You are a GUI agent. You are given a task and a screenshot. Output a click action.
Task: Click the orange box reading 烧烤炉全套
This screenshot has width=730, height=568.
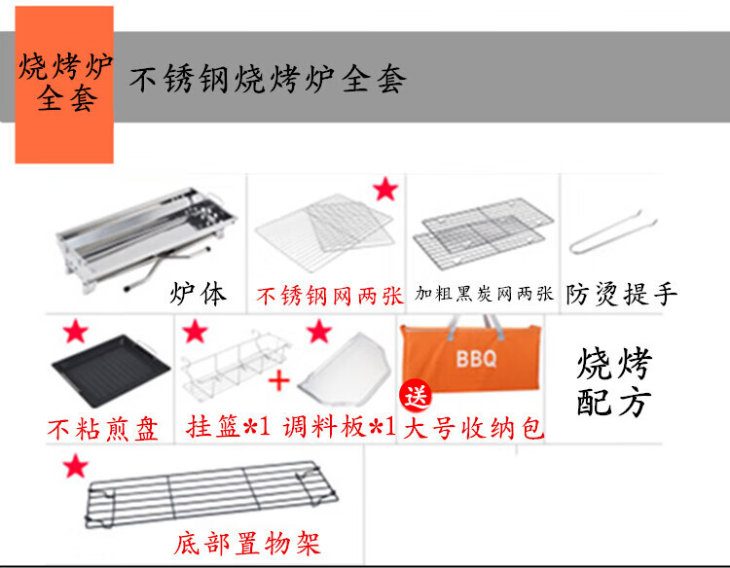64,85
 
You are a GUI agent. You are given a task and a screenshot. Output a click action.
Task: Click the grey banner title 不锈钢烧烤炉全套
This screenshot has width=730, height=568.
269,80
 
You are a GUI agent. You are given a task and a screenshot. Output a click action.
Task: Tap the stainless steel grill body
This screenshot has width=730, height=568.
145,237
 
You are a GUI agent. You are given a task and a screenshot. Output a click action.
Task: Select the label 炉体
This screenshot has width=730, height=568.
199,294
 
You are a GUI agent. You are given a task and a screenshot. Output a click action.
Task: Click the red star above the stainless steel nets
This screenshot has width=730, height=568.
385,190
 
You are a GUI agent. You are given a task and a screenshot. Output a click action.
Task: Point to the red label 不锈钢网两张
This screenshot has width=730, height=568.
330,297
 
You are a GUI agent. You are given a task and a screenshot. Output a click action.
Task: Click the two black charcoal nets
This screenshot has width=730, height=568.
483,234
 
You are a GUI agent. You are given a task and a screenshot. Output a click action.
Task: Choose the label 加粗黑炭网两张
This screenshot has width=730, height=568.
484,294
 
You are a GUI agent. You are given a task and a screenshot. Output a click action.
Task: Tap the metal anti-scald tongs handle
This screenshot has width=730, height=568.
613,232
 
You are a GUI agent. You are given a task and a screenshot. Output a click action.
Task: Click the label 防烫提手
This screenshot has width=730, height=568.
622,295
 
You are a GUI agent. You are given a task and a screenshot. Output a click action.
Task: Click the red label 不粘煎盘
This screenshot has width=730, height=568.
103,429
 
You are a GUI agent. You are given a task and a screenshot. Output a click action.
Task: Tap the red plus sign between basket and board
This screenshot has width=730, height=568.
279,381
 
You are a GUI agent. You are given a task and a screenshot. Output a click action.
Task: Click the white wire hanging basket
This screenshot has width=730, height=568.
236,364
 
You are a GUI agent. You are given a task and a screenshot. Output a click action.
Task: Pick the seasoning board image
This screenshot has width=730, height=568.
345,369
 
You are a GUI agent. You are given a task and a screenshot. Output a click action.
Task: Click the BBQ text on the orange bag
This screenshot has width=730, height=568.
476,359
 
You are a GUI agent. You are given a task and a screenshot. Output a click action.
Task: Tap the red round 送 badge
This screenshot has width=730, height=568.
416,396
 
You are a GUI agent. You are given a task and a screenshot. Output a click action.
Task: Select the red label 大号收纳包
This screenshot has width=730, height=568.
473,428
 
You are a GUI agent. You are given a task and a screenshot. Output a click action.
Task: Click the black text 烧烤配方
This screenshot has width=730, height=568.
614,382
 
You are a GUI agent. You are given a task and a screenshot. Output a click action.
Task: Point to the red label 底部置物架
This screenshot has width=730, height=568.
247,544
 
